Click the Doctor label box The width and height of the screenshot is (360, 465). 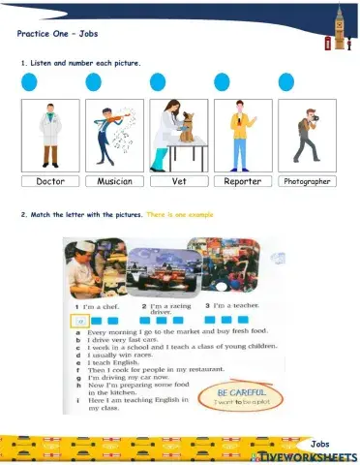[50, 181]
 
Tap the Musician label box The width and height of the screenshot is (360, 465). [115, 181]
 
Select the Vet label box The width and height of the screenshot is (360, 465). [179, 181]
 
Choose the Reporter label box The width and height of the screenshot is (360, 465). [242, 181]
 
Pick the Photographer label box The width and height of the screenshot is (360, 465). [305, 181]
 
